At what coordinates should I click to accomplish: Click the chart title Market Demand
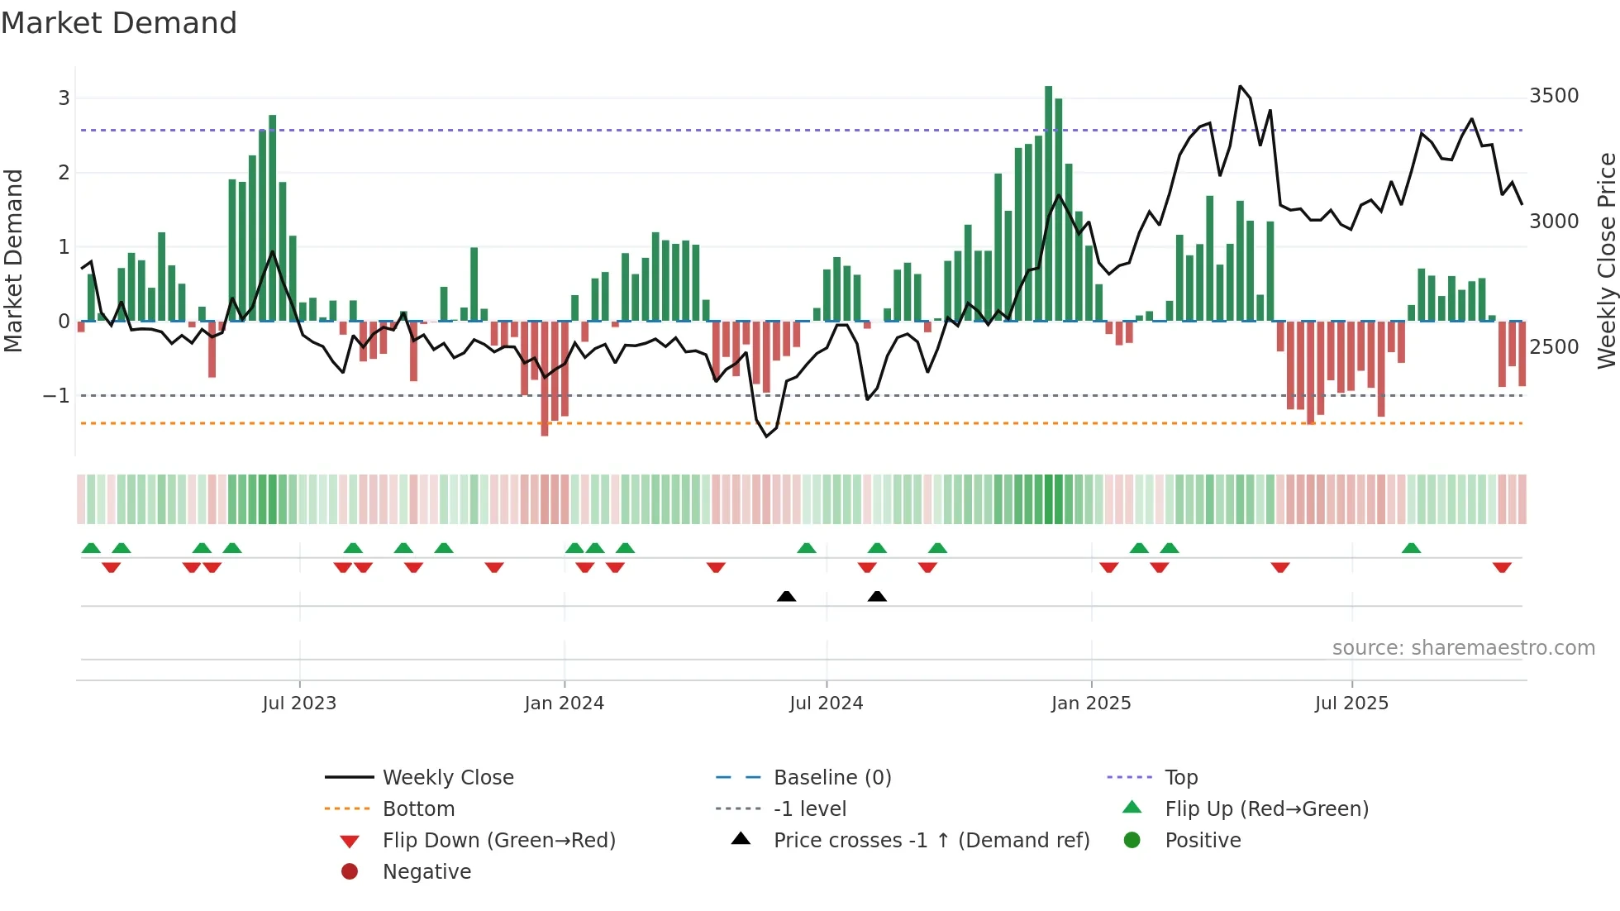(119, 23)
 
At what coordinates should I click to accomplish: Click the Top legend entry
(1180, 777)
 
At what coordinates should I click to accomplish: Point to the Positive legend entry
(1203, 840)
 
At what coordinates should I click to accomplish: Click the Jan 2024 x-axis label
(564, 704)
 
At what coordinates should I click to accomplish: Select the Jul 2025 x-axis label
(1351, 704)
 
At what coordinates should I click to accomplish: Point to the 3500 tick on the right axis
(1554, 96)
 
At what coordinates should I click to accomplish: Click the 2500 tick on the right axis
(1554, 347)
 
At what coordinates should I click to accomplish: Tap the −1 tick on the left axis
(56, 396)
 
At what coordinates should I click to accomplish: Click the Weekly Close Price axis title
(1606, 260)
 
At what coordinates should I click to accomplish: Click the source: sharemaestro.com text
(1463, 648)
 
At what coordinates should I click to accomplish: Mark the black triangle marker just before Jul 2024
(787, 596)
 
